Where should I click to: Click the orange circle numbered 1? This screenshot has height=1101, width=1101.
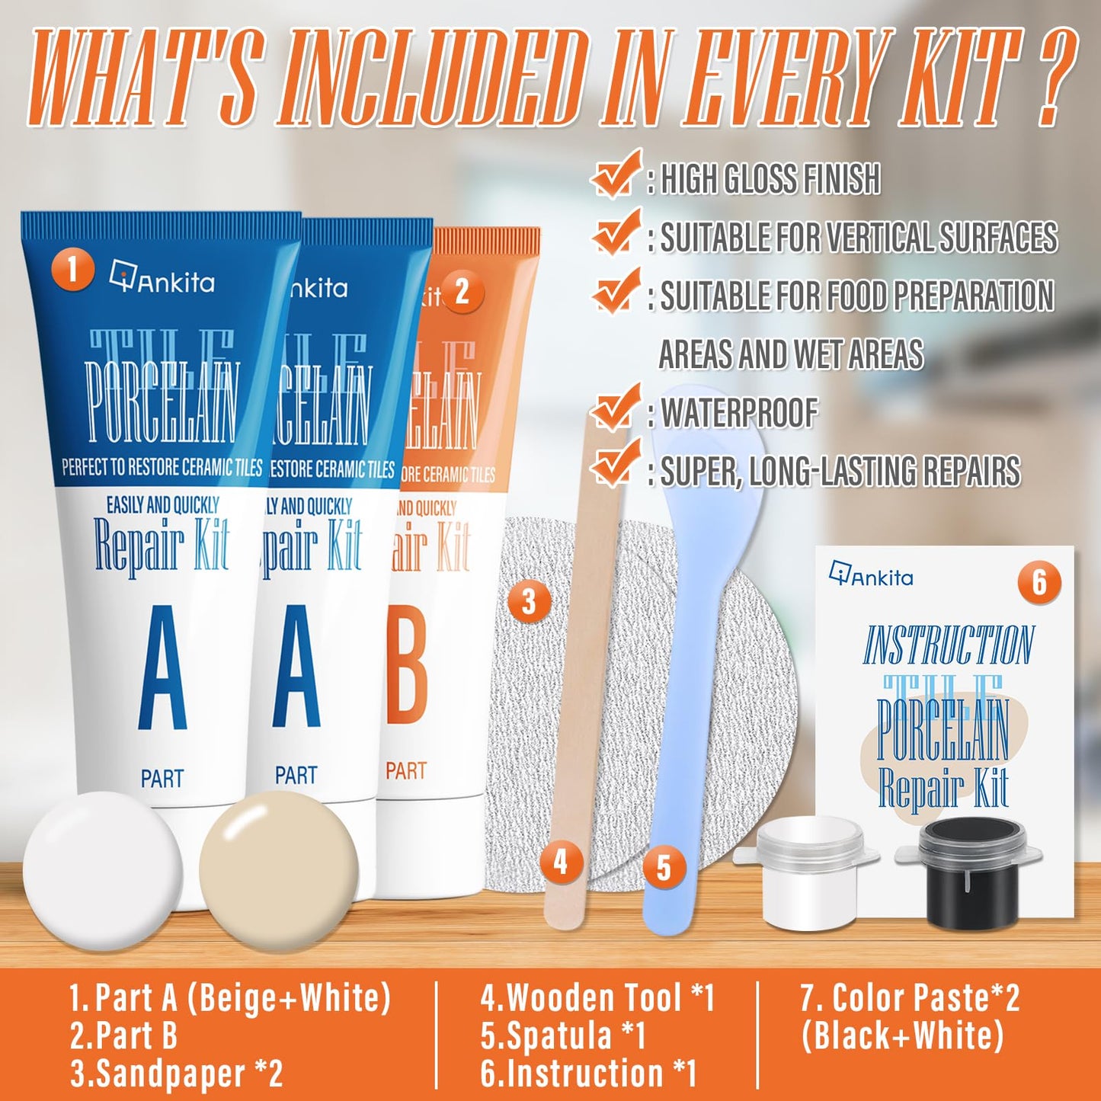pos(72,270)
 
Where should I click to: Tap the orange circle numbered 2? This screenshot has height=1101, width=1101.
pos(462,292)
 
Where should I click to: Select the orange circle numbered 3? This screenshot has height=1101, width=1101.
pos(529,602)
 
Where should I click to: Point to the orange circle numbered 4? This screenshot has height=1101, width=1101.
pos(561,863)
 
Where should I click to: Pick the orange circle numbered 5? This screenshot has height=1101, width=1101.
pos(664,869)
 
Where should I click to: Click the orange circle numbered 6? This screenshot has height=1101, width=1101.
pos(1039,583)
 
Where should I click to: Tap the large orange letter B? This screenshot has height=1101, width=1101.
pos(407,669)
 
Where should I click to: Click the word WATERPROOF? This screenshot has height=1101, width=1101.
pos(739,412)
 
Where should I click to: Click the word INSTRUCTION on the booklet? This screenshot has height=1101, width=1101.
pos(949,645)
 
